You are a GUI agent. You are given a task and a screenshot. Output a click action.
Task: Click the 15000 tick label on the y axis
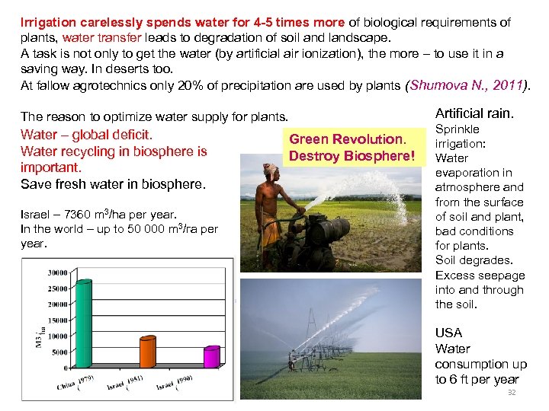[55, 320]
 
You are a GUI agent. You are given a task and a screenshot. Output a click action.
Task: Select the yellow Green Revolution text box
[352, 148]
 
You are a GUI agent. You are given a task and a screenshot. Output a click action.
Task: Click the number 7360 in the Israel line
[82, 215]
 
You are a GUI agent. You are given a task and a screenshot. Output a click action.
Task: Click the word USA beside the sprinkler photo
[448, 333]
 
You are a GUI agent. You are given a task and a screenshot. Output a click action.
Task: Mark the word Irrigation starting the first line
[47, 23]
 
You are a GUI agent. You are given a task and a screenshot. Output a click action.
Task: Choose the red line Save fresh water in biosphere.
[113, 184]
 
